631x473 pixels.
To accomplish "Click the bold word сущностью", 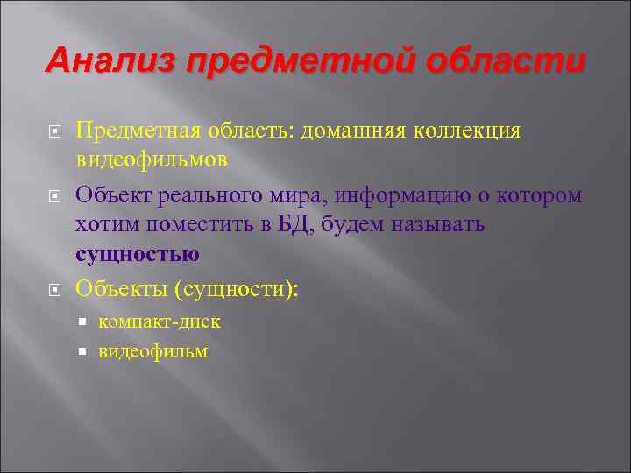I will point(138,255).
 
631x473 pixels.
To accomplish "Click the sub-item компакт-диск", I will point(160,321).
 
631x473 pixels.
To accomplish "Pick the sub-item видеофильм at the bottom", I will point(153,351).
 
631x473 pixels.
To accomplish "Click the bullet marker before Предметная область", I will point(53,131).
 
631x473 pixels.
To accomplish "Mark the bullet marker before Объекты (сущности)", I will point(53,287).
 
